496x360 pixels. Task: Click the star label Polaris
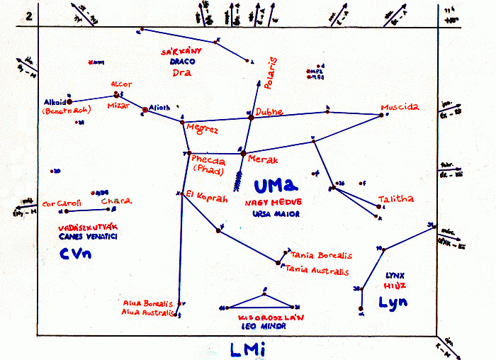[x=269, y=74]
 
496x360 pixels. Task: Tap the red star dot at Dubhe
[x=250, y=117]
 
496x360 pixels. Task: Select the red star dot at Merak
[x=243, y=153]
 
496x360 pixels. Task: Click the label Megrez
[x=203, y=130]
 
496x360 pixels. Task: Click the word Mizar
[x=118, y=105]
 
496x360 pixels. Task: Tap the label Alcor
[x=122, y=84]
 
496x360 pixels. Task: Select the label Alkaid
[x=54, y=102]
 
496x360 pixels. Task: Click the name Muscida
[x=400, y=108]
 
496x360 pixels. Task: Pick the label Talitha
[x=395, y=199]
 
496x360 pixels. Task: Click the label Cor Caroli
[x=62, y=203]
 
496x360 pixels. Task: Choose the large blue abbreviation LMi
[x=248, y=348]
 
